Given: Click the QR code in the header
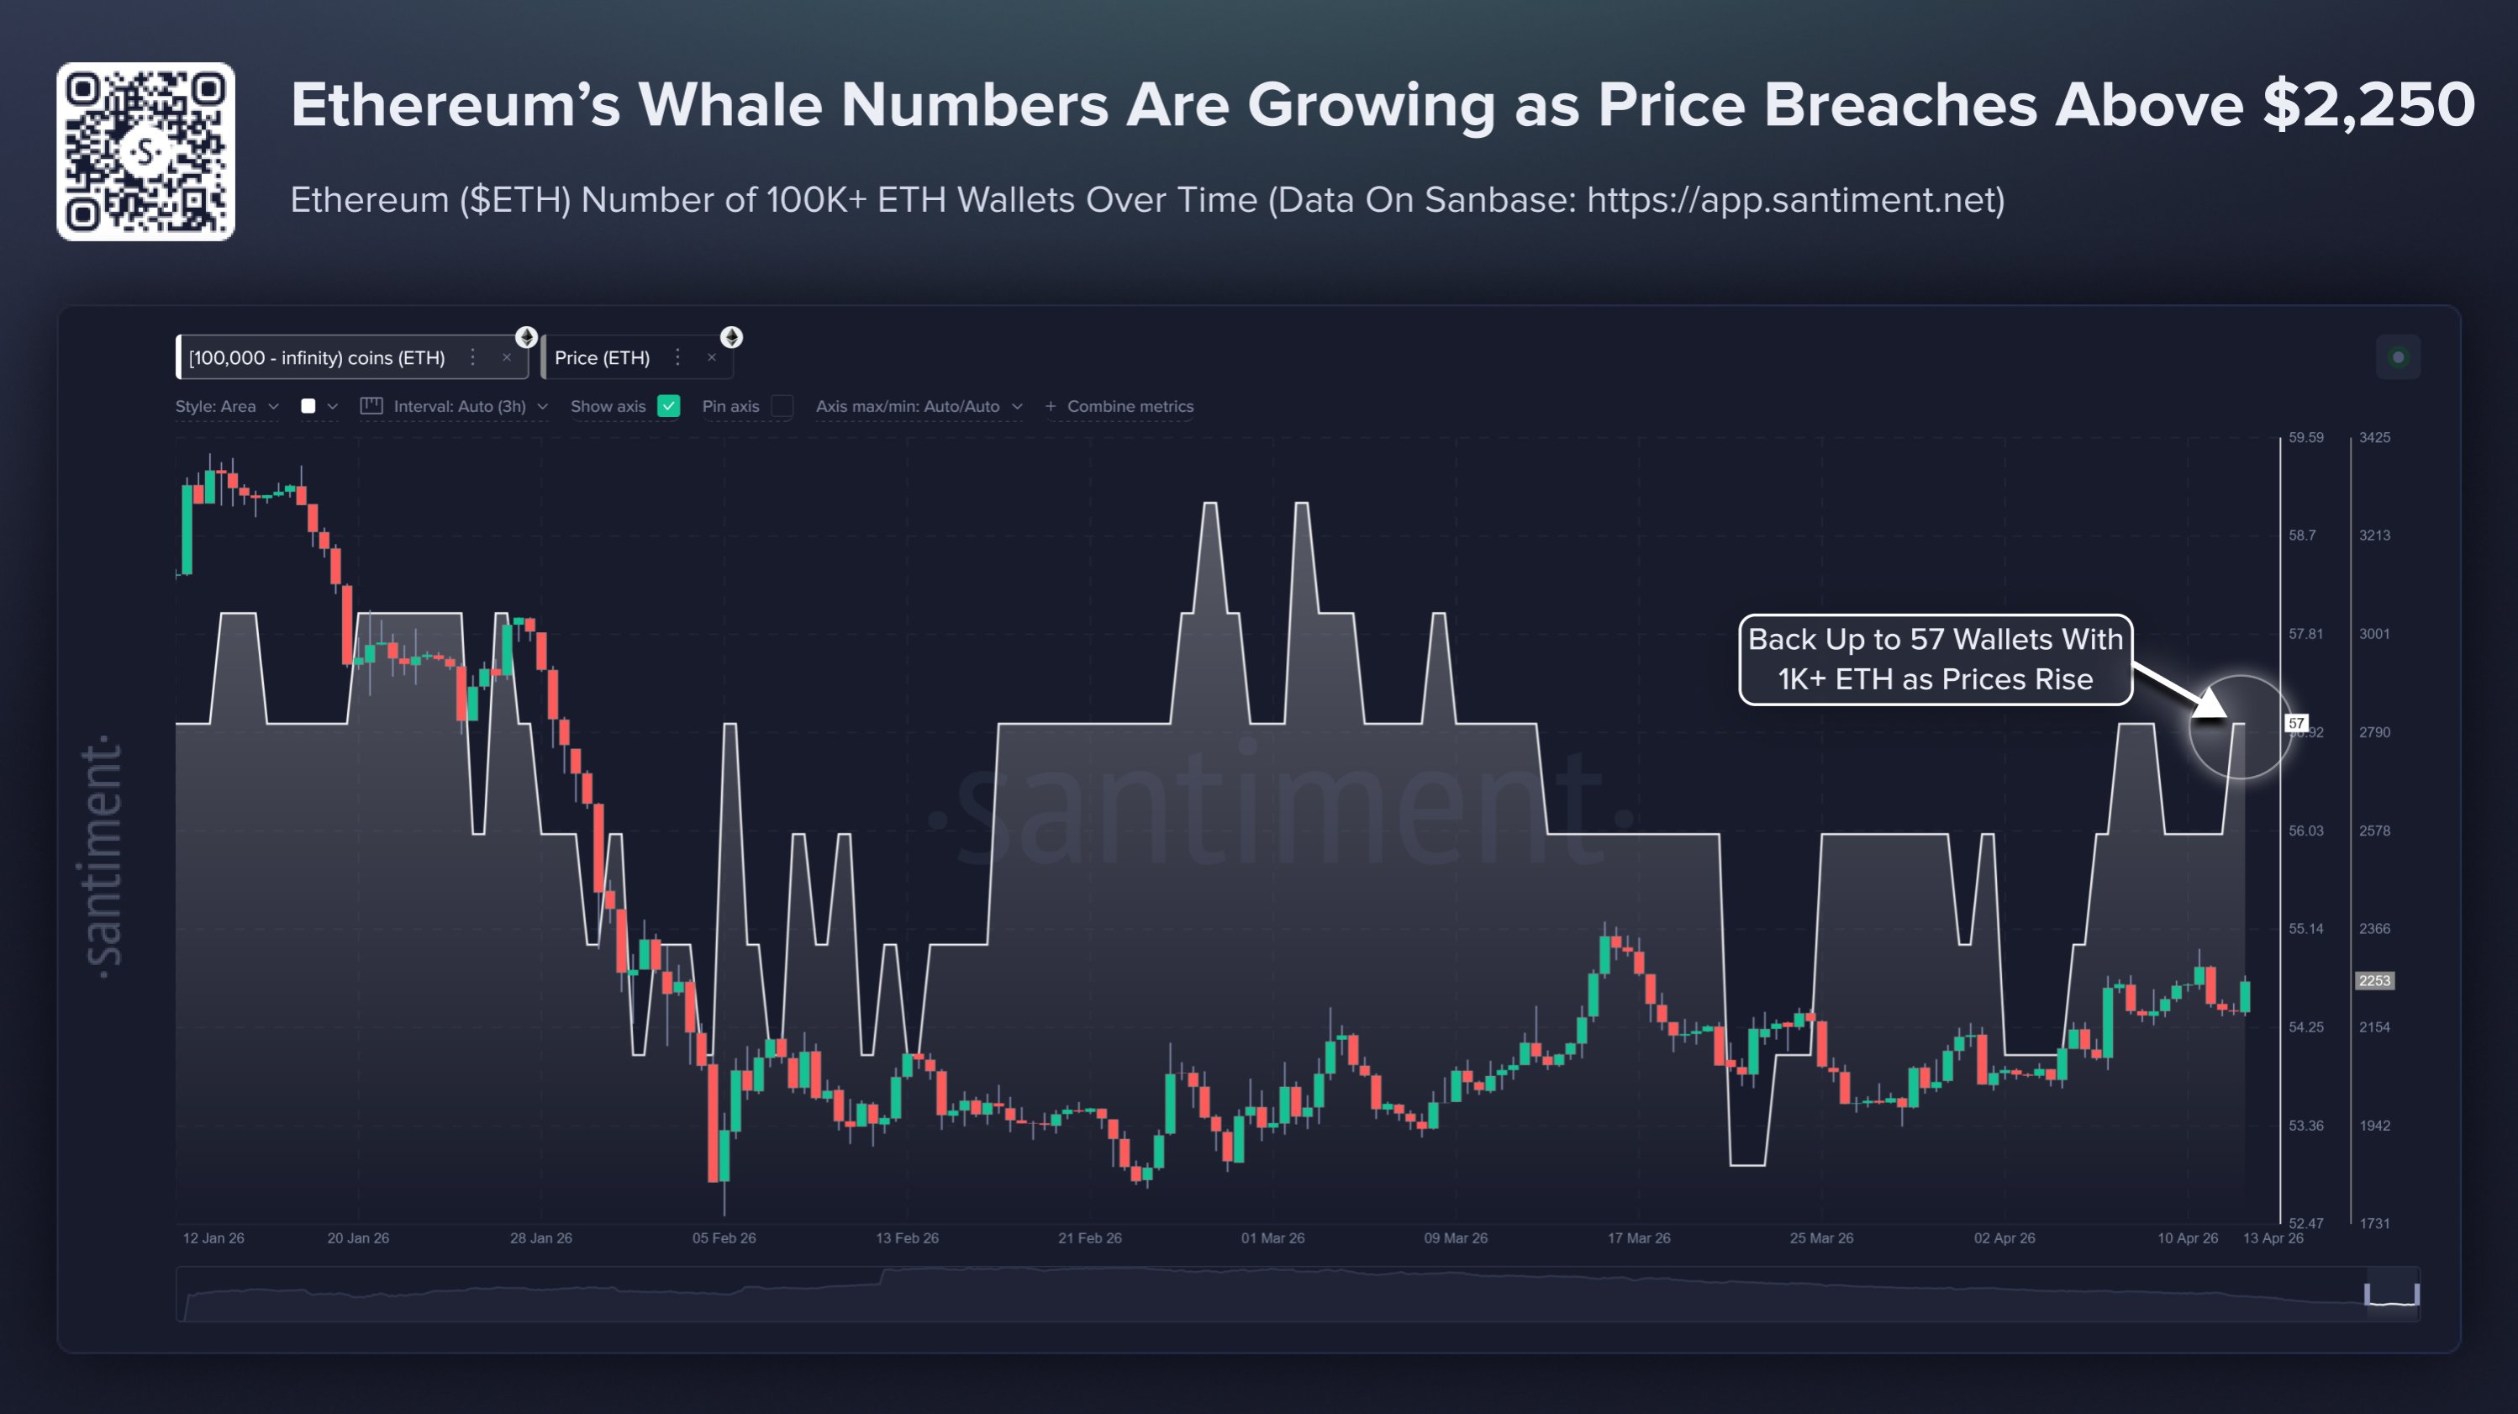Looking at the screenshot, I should (x=145, y=151).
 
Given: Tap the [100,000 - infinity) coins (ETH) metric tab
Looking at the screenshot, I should (x=317, y=358).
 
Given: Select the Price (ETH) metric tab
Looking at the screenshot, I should (x=602, y=358).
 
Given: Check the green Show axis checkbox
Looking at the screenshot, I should (x=669, y=406).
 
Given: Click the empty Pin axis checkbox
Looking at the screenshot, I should (x=782, y=406).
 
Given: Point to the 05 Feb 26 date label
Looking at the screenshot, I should (x=724, y=1238).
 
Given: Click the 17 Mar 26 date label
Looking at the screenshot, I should (x=1639, y=1238).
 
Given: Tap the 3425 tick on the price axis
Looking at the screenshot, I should (x=2374, y=437).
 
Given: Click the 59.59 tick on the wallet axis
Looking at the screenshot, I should (x=2306, y=437).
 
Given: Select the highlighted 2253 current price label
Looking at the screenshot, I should (x=2374, y=981).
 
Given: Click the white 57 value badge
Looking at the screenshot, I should (x=2296, y=724).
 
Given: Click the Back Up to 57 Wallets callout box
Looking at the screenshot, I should (x=1936, y=659).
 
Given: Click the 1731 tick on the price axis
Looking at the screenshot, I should (x=2374, y=1223).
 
